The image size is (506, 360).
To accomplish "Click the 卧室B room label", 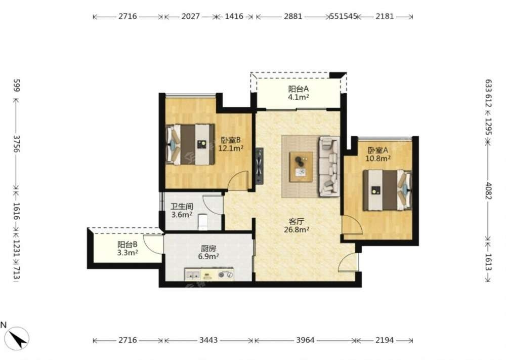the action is click(231, 140).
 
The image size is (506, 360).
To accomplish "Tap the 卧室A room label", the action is click(378, 150).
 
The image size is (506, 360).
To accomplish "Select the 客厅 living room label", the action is click(296, 221).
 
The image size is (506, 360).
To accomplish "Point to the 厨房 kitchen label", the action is click(208, 249).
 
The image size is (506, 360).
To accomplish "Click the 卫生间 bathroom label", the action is click(182, 206).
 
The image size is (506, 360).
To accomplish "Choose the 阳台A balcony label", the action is click(299, 89).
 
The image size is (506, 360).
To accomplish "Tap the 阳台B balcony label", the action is click(127, 245).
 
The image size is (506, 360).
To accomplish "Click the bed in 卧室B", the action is click(190, 144).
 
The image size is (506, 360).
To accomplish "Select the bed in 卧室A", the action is click(387, 190).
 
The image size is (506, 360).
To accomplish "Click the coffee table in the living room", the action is click(301, 167).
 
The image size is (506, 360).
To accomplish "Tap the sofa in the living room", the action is click(329, 166).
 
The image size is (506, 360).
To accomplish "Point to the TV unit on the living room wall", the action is click(260, 166).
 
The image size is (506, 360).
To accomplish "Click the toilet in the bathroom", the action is click(202, 222).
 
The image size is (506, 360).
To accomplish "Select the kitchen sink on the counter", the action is click(193, 275).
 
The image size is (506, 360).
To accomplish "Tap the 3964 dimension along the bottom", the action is click(305, 340).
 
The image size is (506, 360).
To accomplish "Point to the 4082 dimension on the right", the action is click(488, 191).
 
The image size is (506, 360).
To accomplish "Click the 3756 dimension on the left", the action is click(16, 144).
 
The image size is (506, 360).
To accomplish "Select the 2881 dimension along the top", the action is click(293, 16).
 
